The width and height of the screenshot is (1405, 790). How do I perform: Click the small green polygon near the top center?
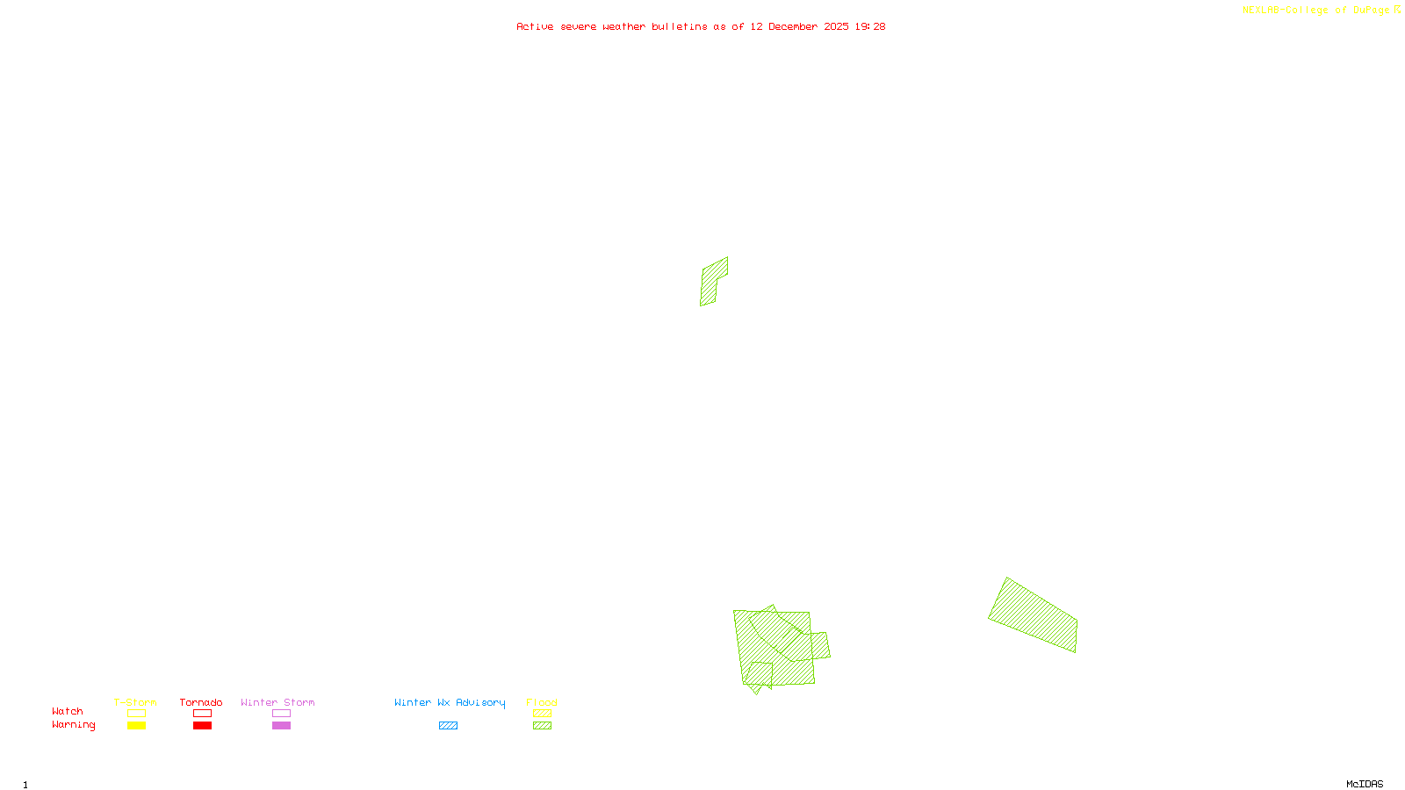tap(713, 280)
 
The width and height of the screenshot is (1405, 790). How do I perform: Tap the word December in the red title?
tap(793, 27)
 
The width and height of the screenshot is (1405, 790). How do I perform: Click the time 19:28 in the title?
tap(870, 27)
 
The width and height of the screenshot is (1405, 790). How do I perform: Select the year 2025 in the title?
tap(836, 27)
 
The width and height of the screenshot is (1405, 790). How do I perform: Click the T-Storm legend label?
tap(135, 702)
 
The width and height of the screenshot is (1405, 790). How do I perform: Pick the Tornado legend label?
tap(201, 702)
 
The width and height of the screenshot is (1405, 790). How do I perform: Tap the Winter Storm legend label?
tap(277, 702)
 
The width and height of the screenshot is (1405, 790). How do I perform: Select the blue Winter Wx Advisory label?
tap(450, 702)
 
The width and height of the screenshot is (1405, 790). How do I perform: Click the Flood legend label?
tap(542, 702)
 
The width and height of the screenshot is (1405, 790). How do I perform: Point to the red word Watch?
tap(68, 712)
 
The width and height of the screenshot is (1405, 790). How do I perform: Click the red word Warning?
tap(74, 725)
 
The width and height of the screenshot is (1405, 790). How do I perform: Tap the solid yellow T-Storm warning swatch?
tap(136, 726)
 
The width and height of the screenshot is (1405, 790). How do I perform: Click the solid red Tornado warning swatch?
tap(202, 726)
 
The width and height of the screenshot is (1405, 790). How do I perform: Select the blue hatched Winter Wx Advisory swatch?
tap(448, 726)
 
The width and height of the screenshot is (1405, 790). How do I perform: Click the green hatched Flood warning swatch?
tap(542, 726)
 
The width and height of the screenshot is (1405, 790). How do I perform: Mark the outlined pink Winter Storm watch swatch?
tap(281, 714)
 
